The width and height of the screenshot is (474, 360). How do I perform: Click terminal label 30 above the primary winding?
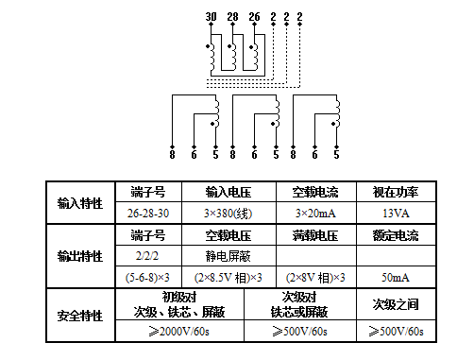click(x=211, y=16)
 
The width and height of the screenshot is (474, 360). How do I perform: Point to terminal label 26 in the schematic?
click(x=254, y=16)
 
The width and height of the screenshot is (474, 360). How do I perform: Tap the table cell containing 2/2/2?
click(x=148, y=255)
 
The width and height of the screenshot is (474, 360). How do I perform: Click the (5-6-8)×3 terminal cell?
click(x=148, y=278)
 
